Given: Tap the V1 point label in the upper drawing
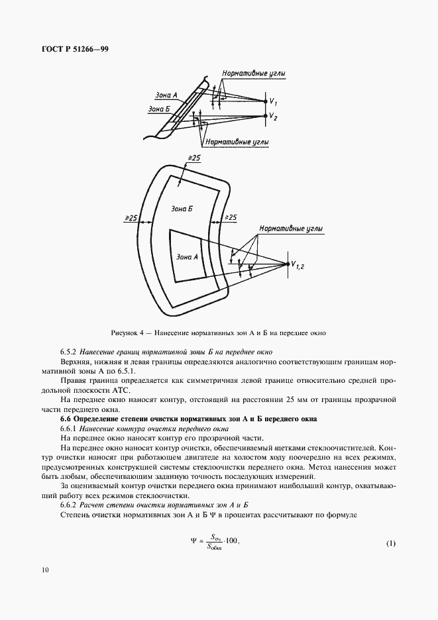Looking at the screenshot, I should (274, 101).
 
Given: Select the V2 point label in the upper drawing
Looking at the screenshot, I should (274, 117).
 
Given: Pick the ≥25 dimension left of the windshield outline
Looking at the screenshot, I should (131, 218).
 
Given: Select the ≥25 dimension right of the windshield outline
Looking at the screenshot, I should (231, 217).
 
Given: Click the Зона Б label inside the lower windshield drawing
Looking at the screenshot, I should (182, 208).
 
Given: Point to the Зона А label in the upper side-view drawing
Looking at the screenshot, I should (165, 95).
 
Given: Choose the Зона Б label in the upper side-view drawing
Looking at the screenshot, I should (158, 109).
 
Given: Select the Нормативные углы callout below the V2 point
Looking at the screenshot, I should (237, 142).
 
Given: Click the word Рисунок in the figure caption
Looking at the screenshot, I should (126, 333).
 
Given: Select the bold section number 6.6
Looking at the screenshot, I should (66, 419).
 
